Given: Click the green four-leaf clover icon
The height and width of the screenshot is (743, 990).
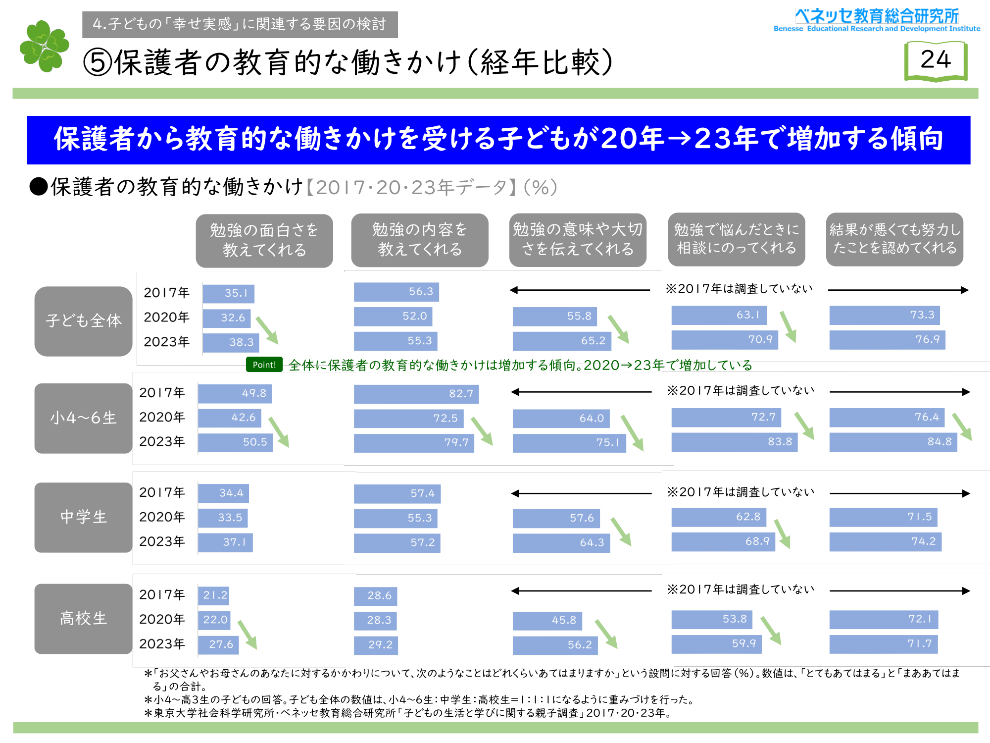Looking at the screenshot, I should [x=44, y=46].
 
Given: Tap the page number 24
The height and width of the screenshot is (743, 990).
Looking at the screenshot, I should [x=936, y=60].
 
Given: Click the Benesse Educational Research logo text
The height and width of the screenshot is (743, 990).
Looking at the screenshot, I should [x=877, y=20].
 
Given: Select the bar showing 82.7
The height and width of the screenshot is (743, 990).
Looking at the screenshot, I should [x=416, y=394].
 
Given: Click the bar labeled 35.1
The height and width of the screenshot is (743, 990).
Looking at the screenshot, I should [x=228, y=293].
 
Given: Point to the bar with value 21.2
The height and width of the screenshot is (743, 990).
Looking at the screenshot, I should [x=213, y=595].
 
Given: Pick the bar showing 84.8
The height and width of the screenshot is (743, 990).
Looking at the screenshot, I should [x=893, y=442].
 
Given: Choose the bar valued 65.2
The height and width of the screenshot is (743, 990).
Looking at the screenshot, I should [x=562, y=341].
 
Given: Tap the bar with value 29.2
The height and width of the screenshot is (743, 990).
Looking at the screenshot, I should [x=375, y=645].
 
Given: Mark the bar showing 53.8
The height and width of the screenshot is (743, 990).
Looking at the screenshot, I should [x=711, y=619].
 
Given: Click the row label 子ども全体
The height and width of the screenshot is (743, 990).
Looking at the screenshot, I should [x=83, y=321].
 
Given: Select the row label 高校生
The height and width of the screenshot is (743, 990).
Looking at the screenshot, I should [x=83, y=619].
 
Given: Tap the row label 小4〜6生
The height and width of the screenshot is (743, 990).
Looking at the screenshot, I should [x=83, y=418].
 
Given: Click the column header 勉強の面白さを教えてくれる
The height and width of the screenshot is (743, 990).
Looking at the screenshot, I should [x=264, y=240].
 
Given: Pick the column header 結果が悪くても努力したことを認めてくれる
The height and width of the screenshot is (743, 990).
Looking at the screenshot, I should [x=894, y=239].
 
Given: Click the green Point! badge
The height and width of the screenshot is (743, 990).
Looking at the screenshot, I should [x=264, y=365].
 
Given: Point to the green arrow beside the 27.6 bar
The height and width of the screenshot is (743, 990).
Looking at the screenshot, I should [x=247, y=634].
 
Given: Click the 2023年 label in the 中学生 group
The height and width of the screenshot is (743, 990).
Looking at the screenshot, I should [x=162, y=541].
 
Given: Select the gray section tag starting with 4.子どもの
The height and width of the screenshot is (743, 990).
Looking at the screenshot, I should [x=240, y=24].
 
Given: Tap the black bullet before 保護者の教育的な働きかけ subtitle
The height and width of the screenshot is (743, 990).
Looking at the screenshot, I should [x=38, y=187].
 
